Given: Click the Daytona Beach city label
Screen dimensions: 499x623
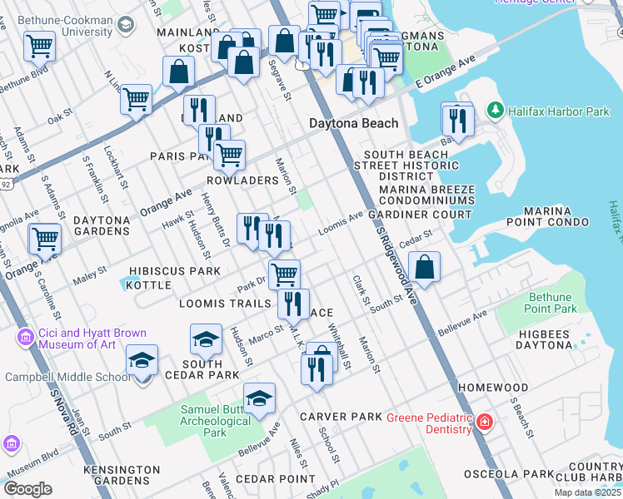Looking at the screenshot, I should (x=353, y=123).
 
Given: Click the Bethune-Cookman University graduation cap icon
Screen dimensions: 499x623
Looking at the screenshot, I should (x=125, y=26).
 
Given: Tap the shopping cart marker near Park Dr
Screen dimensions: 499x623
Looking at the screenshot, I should (x=284, y=274).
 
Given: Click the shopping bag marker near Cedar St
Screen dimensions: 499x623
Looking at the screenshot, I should (x=424, y=268).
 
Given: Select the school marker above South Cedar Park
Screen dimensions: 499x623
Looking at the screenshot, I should (x=206, y=339).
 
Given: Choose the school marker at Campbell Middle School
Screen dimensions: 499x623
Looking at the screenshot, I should (x=142, y=361).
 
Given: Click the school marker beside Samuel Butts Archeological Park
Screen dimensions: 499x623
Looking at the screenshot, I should (x=259, y=398).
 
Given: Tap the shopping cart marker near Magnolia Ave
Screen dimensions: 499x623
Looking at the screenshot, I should (x=45, y=239).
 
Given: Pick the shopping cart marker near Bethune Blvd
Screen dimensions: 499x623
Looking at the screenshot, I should (x=39, y=47).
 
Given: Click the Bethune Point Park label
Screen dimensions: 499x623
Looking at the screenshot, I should (x=550, y=303).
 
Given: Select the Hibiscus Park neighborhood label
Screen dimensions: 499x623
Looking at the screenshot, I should (x=175, y=271).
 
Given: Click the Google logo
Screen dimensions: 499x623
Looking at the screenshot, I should (x=27, y=489).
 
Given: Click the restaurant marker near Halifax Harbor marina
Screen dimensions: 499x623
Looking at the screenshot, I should (x=457, y=121).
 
